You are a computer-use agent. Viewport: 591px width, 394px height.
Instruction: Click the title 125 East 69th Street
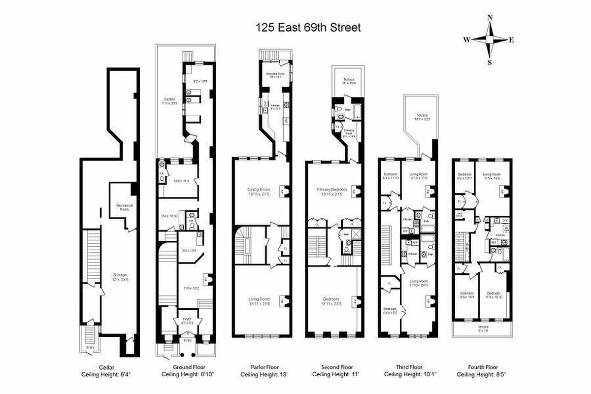(308, 28)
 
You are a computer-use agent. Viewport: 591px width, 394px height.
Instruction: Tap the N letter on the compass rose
(490, 18)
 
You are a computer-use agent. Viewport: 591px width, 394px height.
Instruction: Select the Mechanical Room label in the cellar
(125, 206)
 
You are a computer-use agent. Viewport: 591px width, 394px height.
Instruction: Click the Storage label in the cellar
(119, 276)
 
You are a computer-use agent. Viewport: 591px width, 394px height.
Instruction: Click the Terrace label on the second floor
(348, 81)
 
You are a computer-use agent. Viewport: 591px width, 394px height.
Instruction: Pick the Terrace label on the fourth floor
(483, 328)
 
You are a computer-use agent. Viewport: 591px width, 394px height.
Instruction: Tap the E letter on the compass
(511, 40)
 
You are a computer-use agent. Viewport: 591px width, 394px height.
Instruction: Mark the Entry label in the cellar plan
(90, 347)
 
